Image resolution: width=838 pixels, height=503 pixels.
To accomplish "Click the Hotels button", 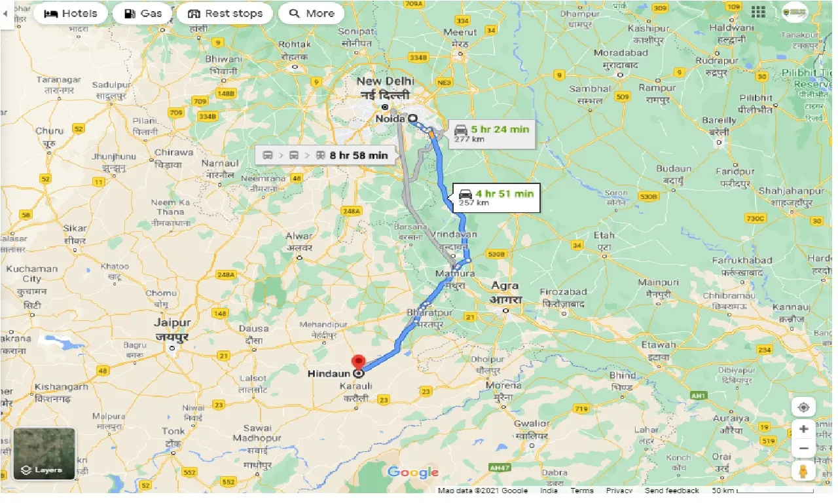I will (x=70, y=14).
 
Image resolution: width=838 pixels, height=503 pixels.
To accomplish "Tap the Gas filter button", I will (x=143, y=14).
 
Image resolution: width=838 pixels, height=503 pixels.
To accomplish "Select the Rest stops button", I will (x=225, y=14).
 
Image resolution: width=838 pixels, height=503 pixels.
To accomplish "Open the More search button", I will (x=312, y=14).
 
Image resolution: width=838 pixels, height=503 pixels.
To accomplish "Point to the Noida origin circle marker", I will (x=412, y=119).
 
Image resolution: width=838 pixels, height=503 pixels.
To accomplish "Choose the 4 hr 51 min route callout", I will (x=496, y=197).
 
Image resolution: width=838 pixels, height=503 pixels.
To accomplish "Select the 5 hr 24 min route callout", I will (x=492, y=134).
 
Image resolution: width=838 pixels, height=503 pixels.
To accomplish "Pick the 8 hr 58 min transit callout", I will (x=325, y=155).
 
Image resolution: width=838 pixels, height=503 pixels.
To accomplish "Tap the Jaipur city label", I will (x=173, y=329).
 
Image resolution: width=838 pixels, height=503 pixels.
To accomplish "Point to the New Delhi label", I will (x=385, y=88).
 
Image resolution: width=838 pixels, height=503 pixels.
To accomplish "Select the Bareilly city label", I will (x=719, y=125).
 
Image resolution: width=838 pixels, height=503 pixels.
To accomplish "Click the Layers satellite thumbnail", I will (x=45, y=453).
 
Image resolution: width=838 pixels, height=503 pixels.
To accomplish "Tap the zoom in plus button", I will (x=803, y=429).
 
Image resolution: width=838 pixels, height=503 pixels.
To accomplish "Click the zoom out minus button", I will (x=803, y=449).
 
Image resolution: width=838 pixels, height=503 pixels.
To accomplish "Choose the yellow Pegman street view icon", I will (x=803, y=471).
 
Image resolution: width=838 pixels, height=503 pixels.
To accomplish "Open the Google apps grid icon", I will (x=758, y=12).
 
